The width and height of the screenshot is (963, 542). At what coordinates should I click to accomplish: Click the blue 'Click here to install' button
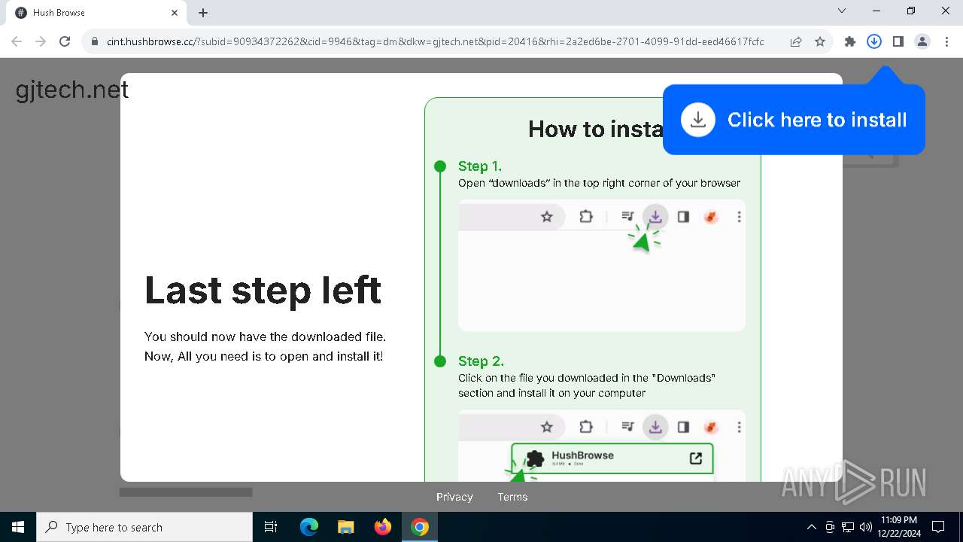(794, 120)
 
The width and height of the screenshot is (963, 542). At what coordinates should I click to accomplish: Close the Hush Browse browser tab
(175, 13)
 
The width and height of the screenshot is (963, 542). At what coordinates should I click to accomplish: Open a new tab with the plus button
(203, 13)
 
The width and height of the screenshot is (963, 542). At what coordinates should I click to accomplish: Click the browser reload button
(65, 42)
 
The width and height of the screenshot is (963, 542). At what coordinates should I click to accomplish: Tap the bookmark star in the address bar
(820, 42)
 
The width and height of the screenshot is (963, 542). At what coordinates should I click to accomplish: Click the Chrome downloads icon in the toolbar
(874, 42)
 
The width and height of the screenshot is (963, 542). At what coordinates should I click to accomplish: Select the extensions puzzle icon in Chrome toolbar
(850, 42)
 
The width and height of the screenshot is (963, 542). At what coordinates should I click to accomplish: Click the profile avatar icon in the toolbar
(922, 42)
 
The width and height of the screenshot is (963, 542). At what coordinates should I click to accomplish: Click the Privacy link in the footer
(454, 497)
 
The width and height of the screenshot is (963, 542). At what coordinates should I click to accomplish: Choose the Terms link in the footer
(512, 497)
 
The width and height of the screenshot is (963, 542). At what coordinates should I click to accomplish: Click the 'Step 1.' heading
(479, 166)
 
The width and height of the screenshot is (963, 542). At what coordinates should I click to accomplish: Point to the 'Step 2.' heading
(481, 361)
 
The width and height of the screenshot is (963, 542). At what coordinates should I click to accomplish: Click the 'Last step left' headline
(263, 290)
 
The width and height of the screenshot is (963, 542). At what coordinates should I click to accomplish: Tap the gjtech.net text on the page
(72, 90)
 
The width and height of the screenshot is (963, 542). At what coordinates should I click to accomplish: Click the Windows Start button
(18, 527)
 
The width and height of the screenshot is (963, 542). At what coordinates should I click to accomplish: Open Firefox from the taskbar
(383, 527)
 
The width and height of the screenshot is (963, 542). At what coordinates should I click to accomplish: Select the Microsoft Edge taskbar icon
(309, 527)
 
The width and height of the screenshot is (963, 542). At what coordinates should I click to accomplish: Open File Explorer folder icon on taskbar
(346, 527)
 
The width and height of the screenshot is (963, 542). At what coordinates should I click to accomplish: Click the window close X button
(946, 11)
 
